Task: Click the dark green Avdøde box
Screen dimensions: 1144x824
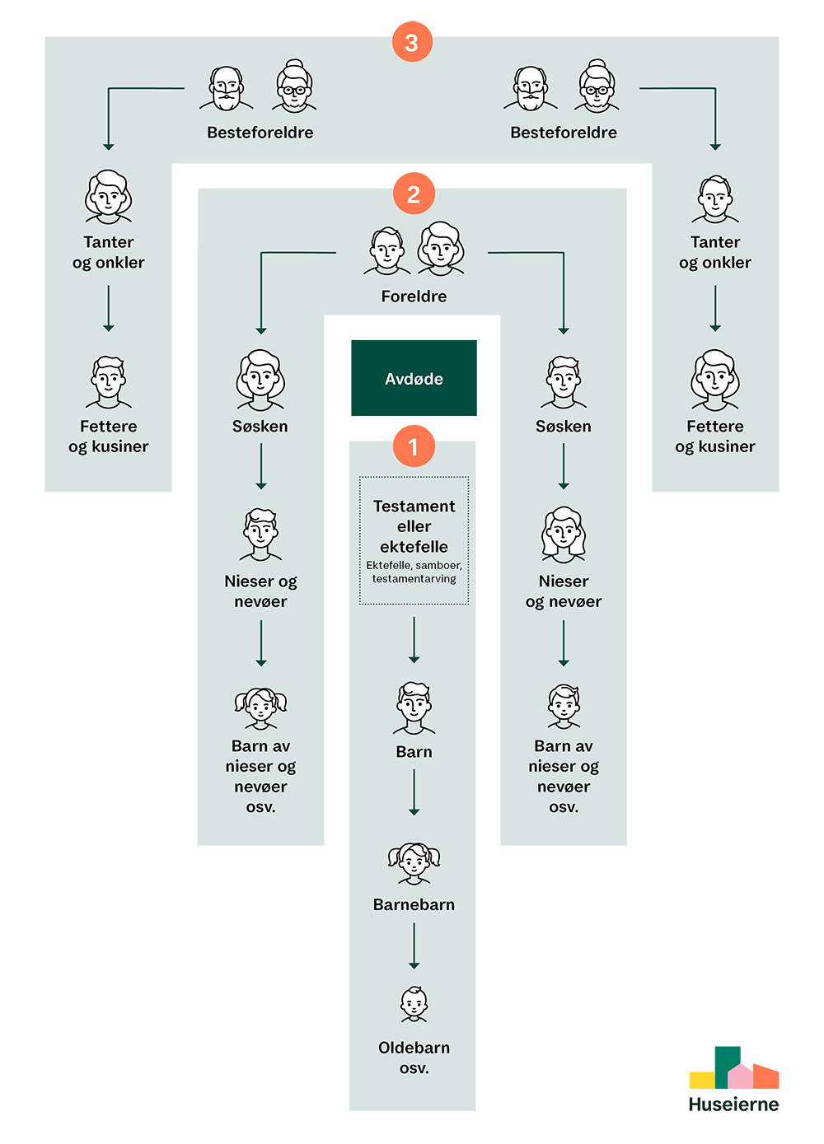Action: [413, 378]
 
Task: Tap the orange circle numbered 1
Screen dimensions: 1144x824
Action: [413, 446]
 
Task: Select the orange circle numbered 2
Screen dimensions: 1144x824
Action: [413, 194]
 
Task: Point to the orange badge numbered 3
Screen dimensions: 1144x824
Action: [412, 42]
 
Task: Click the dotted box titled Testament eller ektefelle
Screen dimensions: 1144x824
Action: [414, 539]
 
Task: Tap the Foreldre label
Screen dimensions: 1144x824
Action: [414, 297]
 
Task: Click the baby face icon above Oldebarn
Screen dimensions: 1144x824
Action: [414, 1004]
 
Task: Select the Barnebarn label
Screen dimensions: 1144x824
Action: [414, 904]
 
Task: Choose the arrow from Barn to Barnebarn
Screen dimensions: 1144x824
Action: [414, 791]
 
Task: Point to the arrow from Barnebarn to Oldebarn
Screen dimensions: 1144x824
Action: [414, 945]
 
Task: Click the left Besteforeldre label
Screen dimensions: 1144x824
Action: [260, 133]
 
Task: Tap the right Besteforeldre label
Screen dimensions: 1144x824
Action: [564, 133]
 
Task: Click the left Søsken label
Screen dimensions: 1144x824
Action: [260, 426]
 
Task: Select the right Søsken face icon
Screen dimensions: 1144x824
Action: [564, 382]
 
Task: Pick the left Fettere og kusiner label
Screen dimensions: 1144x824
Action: [109, 437]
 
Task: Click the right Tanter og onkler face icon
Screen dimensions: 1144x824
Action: [715, 199]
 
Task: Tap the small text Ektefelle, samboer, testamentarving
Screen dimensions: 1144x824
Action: [414, 572]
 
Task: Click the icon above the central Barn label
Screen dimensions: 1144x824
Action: [414, 707]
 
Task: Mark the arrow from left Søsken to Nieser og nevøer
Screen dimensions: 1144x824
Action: [261, 466]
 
